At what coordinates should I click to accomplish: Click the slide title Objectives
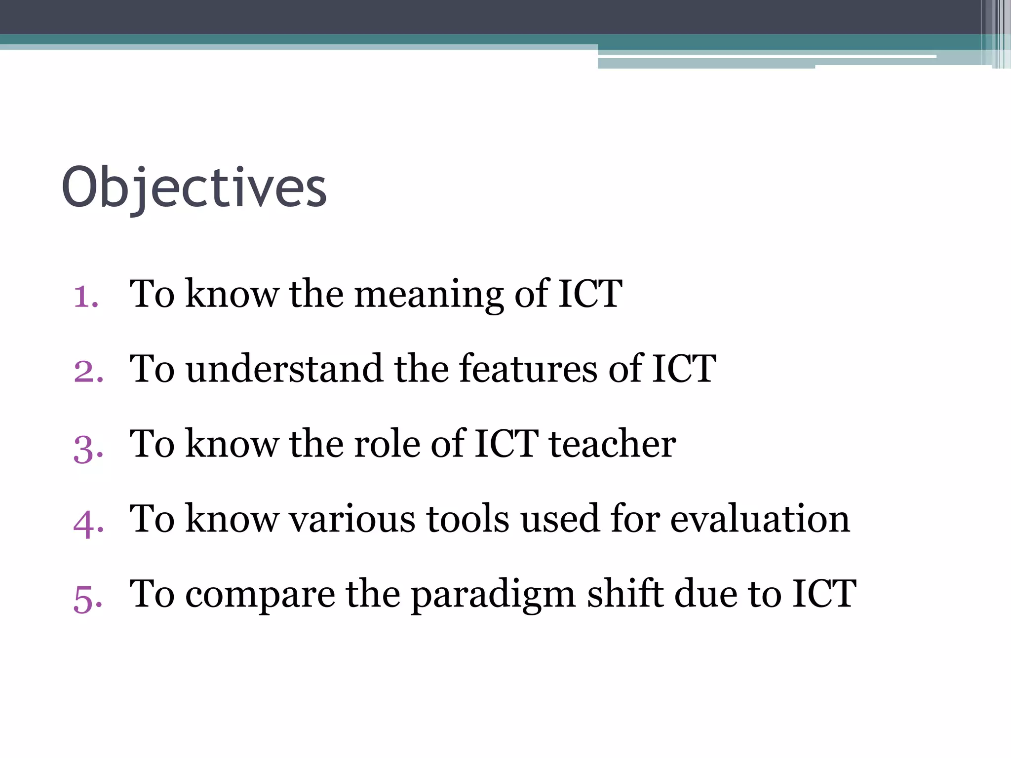click(x=194, y=188)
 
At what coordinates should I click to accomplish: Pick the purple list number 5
click(x=88, y=598)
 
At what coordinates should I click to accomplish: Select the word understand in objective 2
click(x=284, y=369)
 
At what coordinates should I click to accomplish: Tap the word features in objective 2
click(x=528, y=369)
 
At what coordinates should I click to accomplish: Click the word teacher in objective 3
click(x=613, y=444)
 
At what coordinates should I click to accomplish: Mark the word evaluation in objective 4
click(x=760, y=520)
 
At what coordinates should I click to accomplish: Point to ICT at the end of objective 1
click(x=590, y=294)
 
